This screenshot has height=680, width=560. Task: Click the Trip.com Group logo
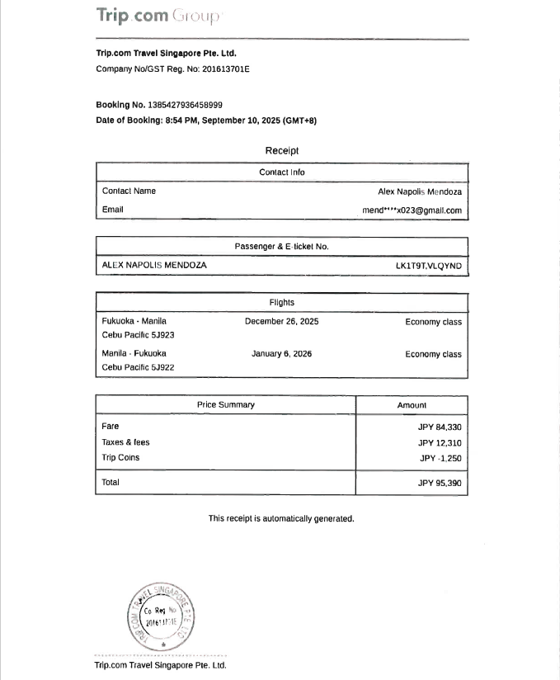click(x=158, y=16)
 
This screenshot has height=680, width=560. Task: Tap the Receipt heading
click(x=281, y=150)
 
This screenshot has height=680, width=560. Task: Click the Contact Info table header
click(x=281, y=172)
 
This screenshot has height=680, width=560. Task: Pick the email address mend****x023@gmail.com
click(x=412, y=210)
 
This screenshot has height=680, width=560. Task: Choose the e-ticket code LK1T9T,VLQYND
click(x=429, y=266)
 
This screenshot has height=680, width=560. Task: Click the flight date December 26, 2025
click(x=281, y=321)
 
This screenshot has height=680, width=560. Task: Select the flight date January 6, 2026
click(x=281, y=353)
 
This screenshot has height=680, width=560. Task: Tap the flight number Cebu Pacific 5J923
click(x=138, y=335)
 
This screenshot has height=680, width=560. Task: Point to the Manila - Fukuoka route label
click(x=134, y=353)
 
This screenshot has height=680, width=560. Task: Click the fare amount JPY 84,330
click(x=440, y=427)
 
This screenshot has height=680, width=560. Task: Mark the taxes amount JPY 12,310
click(x=440, y=442)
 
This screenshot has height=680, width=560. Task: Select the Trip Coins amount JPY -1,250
click(x=440, y=458)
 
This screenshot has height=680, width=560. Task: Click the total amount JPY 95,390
click(x=440, y=483)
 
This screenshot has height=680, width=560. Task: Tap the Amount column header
click(x=412, y=405)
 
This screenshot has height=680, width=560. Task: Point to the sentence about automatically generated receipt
click(x=281, y=518)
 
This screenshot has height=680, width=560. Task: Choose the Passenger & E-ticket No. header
click(x=281, y=246)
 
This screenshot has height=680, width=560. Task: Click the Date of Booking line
click(x=206, y=120)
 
